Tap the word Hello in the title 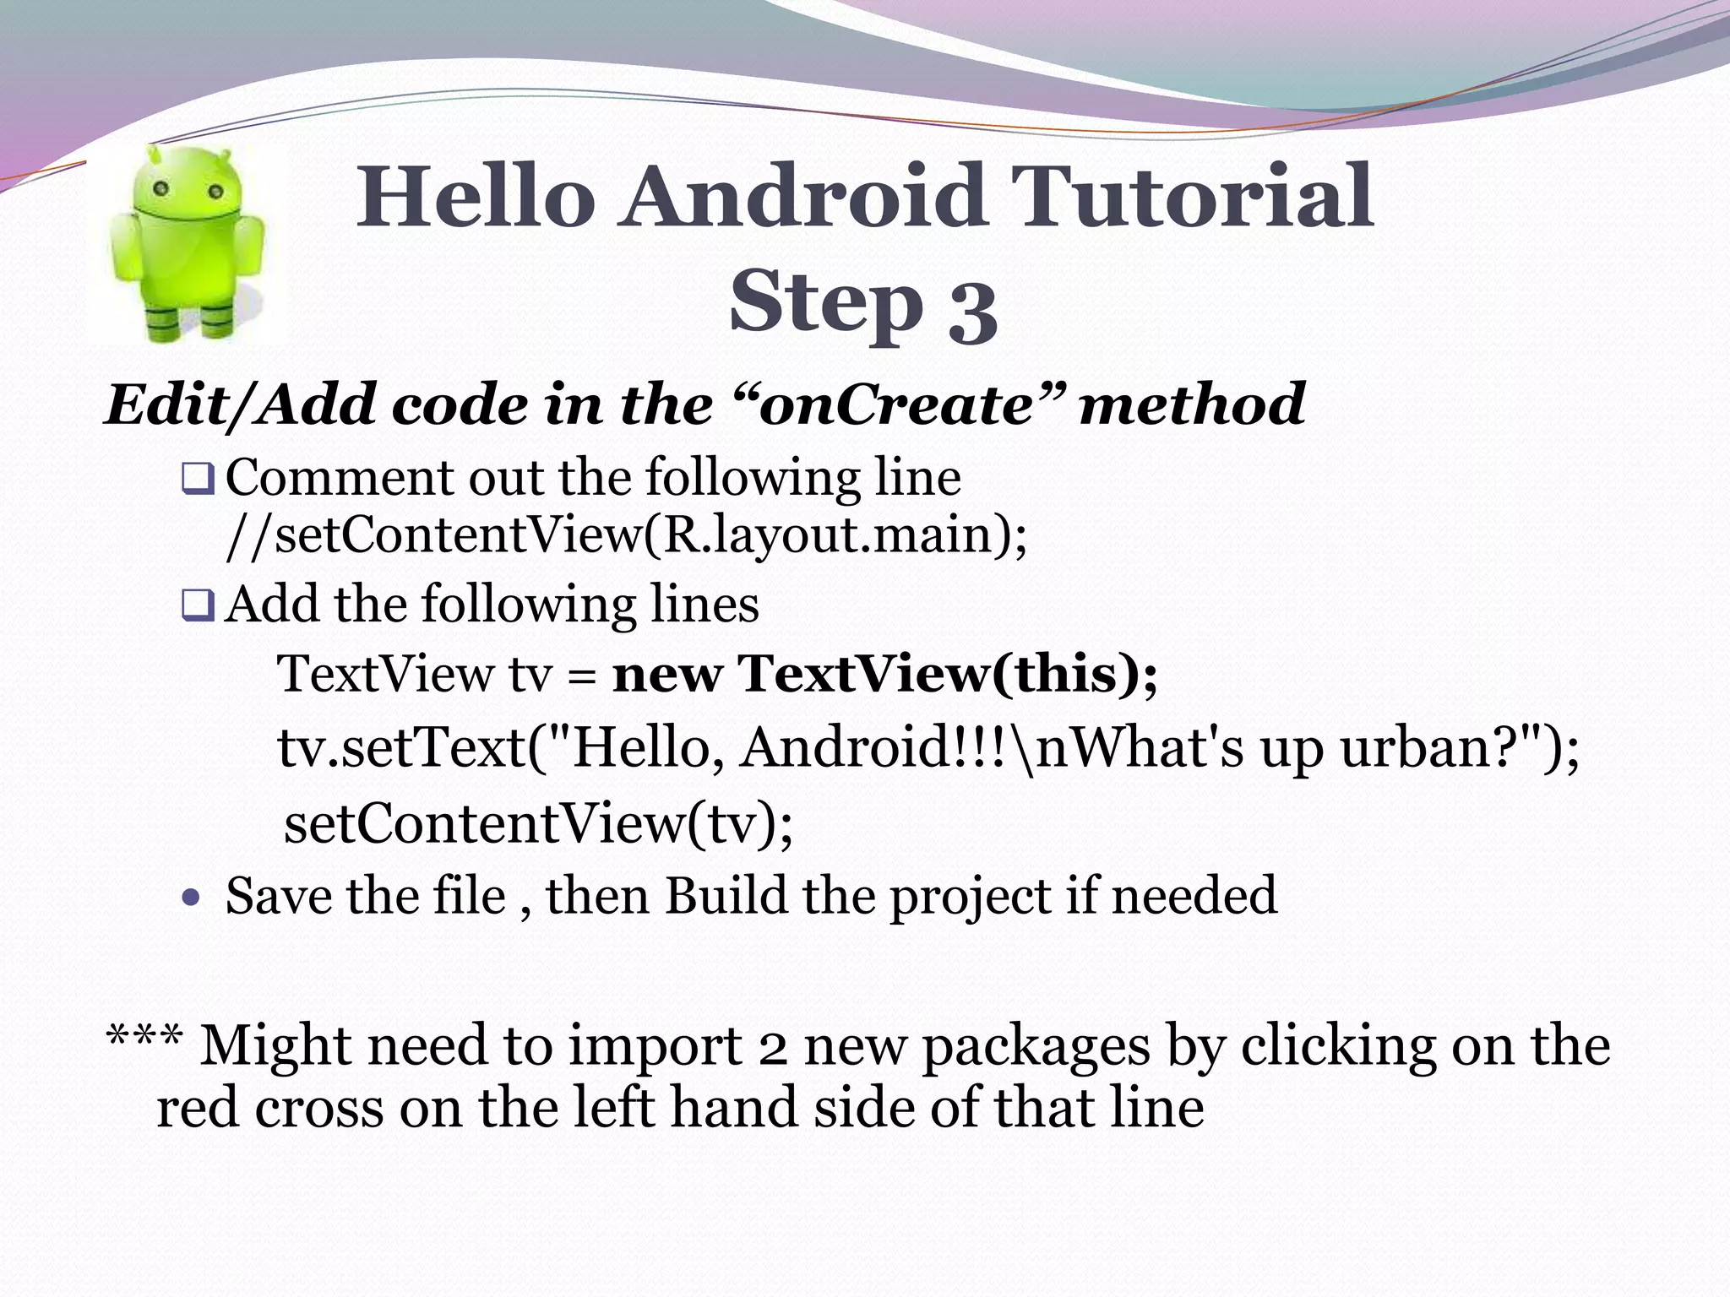click(x=474, y=198)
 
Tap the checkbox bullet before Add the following click(x=198, y=605)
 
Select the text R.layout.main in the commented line click(x=827, y=535)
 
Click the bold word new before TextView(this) click(x=667, y=675)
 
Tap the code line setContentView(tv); click(x=538, y=823)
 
